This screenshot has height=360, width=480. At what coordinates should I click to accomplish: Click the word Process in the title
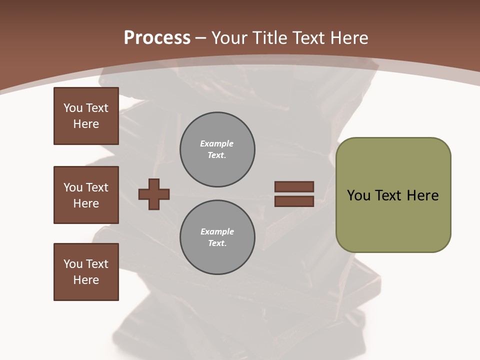[x=157, y=38]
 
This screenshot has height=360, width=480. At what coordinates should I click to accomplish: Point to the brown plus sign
[x=154, y=194]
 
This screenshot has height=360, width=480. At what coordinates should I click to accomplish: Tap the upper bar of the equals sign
[x=294, y=186]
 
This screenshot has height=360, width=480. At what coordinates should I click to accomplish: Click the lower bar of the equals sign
[x=294, y=201]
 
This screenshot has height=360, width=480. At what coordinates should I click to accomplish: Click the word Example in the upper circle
[x=216, y=143]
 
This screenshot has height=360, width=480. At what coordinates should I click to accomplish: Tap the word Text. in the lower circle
[x=217, y=243]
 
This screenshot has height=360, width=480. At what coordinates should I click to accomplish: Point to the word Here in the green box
[x=422, y=195]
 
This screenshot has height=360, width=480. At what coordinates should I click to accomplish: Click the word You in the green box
[x=359, y=195]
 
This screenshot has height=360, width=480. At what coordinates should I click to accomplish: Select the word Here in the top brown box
[x=86, y=124]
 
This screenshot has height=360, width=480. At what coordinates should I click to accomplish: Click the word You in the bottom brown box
[x=73, y=264]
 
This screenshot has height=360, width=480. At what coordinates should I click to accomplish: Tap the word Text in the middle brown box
[x=96, y=187]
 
